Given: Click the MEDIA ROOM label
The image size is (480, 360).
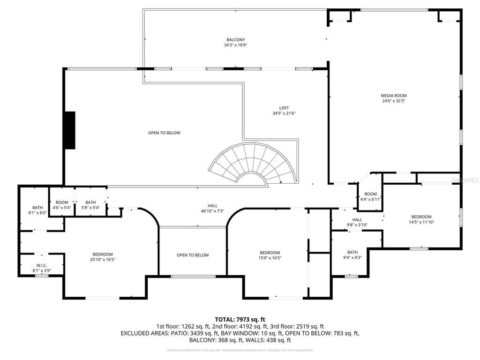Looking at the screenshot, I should point(393,96).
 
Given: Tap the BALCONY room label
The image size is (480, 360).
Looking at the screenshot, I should point(235,40).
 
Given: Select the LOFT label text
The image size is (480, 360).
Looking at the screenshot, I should point(284,108).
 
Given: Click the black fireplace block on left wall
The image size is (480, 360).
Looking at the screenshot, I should point(70,130).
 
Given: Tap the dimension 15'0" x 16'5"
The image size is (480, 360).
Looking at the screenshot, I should point(270,257).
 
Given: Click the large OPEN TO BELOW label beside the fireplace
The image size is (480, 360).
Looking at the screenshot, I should point(164,133).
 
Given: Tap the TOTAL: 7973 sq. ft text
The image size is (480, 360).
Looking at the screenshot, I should point(240,319).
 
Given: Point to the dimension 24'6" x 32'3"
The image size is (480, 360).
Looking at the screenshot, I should point(393,101).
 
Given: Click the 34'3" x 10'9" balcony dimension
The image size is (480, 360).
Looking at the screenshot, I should point(235,45).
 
